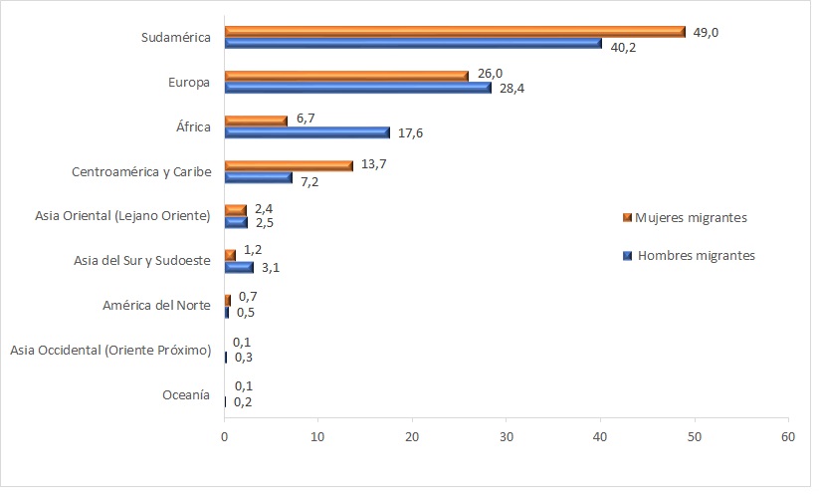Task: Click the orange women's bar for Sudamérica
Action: click(455, 31)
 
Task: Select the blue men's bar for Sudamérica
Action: click(413, 43)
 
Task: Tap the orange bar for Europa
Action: click(346, 76)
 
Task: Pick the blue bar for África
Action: click(307, 132)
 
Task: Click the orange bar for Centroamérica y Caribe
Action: click(289, 165)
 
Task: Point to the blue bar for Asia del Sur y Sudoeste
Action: click(239, 267)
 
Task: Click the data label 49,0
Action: click(706, 32)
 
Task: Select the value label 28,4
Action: click(512, 88)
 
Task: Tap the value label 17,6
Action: click(411, 132)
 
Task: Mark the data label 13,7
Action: click(372, 163)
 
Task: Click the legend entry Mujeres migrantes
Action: click(691, 217)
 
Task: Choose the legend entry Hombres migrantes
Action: click(696, 255)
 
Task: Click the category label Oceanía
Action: click(185, 395)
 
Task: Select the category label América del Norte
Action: click(156, 305)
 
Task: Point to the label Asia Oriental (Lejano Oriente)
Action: click(121, 215)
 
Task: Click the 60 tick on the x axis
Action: click(788, 436)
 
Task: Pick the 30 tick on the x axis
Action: click(507, 436)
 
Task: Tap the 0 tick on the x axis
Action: click(225, 436)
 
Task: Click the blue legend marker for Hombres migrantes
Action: click(627, 255)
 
